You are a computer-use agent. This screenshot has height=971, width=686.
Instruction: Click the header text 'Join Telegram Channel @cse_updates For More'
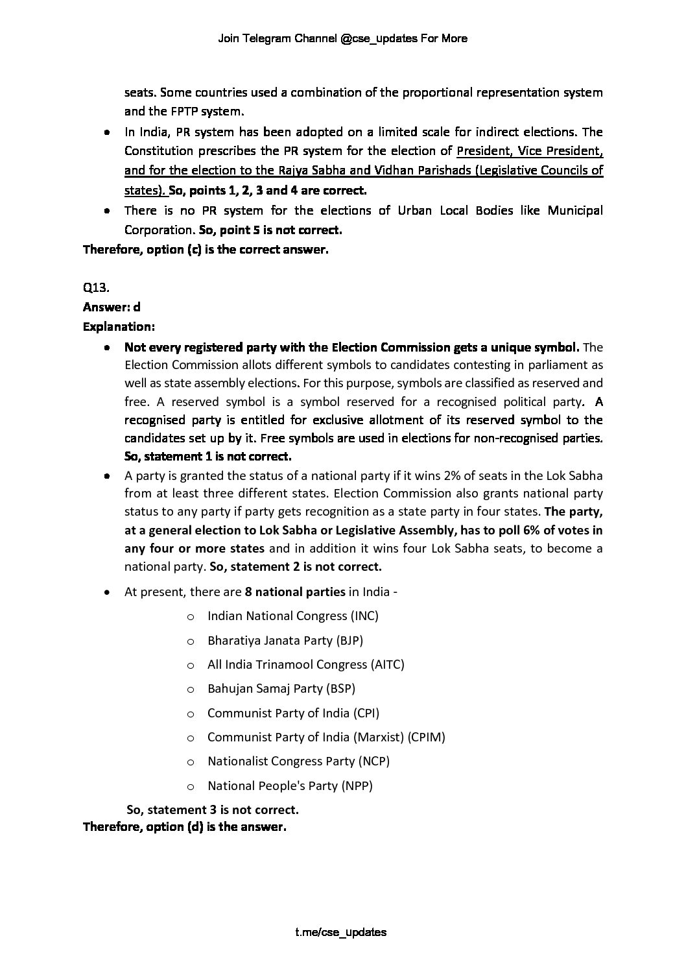(342, 38)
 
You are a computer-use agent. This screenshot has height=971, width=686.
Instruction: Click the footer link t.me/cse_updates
(340, 933)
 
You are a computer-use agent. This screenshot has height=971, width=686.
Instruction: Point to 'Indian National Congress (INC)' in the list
(292, 616)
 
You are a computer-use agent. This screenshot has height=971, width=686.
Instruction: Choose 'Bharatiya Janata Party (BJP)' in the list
(285, 640)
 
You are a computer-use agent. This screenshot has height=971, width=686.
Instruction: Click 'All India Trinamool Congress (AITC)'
(305, 664)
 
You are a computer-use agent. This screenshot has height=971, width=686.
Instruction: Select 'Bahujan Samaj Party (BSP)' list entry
(281, 688)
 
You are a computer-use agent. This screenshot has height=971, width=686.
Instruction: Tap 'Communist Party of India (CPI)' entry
(293, 713)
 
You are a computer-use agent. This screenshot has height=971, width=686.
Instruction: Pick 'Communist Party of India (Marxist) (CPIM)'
(326, 737)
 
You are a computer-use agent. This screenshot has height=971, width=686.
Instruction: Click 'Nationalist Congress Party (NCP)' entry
(298, 761)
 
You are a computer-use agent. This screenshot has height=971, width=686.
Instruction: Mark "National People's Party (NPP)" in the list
(290, 785)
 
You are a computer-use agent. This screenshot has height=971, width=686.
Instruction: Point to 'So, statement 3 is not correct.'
(213, 809)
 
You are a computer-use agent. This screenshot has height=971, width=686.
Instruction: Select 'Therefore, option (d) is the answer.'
(184, 827)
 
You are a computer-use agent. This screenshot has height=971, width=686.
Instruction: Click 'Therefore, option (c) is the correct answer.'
(206, 249)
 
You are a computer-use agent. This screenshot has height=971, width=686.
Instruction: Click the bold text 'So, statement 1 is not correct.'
(207, 456)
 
